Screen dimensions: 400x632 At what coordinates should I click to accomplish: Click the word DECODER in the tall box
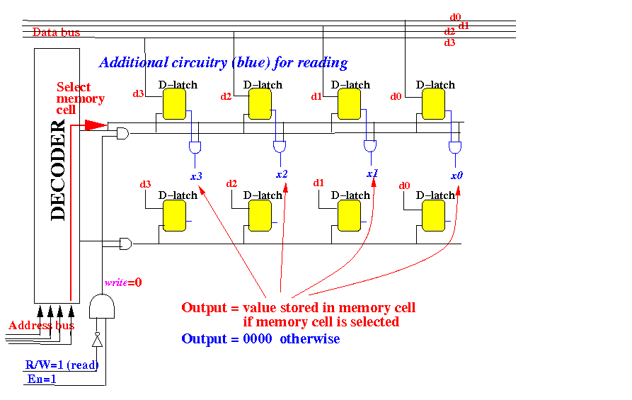pyautogui.click(x=58, y=171)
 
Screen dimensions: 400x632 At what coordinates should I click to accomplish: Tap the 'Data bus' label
pyautogui.click(x=56, y=32)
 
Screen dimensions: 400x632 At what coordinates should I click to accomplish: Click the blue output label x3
pyautogui.click(x=197, y=175)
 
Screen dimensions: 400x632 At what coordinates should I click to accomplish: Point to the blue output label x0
pyautogui.click(x=457, y=175)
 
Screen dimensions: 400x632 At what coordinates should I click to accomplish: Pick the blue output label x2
pyautogui.click(x=282, y=174)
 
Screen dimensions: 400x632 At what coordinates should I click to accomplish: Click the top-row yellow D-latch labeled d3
pyautogui.click(x=174, y=106)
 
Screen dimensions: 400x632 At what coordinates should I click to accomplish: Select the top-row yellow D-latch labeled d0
pyautogui.click(x=432, y=106)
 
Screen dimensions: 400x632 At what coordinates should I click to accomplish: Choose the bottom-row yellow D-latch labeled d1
pyautogui.click(x=348, y=215)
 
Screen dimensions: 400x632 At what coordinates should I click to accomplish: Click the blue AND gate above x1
pyautogui.click(x=369, y=146)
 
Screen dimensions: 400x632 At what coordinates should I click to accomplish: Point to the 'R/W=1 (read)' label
pyautogui.click(x=62, y=365)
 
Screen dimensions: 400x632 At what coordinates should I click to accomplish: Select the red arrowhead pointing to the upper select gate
pyautogui.click(x=94, y=125)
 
